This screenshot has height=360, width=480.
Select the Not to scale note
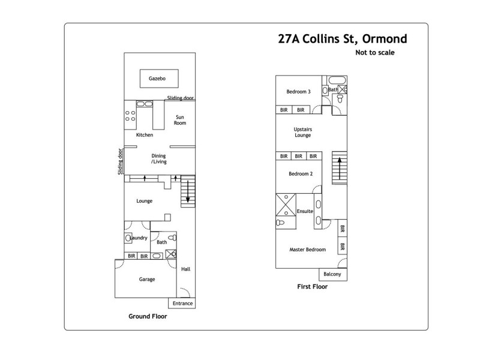point(374,52)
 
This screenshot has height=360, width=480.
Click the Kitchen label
point(145,135)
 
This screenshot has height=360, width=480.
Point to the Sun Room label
point(180,119)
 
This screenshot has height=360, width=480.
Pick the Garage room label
point(147,279)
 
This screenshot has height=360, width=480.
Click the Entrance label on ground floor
point(182,304)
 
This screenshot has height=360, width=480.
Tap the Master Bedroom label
point(307,250)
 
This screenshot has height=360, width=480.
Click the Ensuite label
point(305,211)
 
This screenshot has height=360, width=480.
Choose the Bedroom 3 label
point(298,92)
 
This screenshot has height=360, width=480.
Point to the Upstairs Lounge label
point(303,132)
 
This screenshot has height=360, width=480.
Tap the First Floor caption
point(312,287)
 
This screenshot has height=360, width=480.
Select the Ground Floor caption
point(148,316)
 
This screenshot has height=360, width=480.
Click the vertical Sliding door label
point(120,162)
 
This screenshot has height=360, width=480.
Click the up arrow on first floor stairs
point(340,168)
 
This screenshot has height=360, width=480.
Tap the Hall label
point(185,269)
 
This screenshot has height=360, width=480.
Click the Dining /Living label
point(159,158)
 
